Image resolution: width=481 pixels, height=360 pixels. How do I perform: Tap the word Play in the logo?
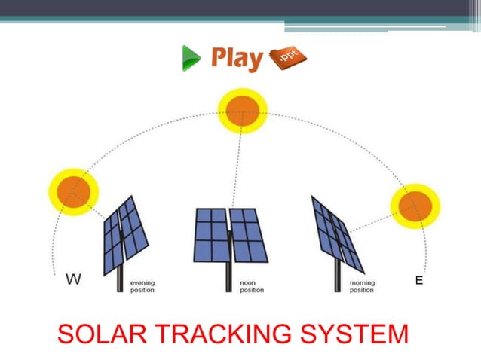click(237, 58)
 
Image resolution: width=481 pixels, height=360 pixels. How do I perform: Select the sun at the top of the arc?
click(243, 111)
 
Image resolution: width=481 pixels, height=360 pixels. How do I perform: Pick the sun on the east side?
click(415, 205)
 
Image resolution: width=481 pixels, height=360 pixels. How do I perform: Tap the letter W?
click(73, 280)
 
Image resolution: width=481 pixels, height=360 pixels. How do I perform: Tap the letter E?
click(419, 280)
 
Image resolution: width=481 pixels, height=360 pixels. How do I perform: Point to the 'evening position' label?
click(142, 287)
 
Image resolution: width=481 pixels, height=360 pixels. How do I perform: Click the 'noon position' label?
click(252, 287)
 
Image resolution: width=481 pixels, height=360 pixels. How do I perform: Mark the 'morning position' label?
click(362, 287)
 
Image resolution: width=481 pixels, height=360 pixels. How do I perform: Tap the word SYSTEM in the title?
click(361, 333)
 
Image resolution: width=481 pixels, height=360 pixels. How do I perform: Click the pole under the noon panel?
click(227, 279)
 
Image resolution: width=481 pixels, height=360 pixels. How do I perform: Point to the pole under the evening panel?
click(120, 280)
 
